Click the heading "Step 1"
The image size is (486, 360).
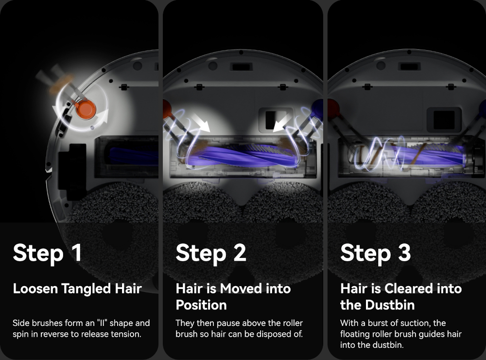(x=48, y=253)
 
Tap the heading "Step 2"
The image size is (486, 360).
(x=211, y=253)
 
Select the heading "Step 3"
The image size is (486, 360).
(x=375, y=253)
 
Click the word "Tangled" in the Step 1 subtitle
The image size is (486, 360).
(x=86, y=289)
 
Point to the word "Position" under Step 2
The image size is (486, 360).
(x=201, y=305)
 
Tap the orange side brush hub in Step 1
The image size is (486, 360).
(x=86, y=109)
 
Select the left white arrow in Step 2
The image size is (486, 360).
(x=201, y=122)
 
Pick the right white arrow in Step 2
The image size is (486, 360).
(x=283, y=122)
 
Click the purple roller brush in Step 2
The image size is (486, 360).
(x=242, y=155)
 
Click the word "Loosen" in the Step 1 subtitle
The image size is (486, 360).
(x=35, y=289)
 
